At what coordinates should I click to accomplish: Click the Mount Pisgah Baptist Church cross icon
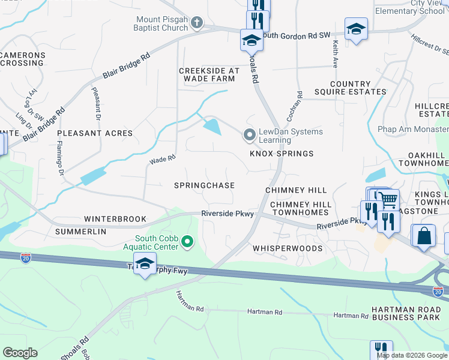pos(196,23)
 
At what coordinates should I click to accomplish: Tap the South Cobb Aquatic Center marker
pos(188,242)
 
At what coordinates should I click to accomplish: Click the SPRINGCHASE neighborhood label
pos(204,185)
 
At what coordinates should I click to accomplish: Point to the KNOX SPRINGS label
pos(282,154)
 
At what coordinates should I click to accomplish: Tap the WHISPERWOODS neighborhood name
pos(288,248)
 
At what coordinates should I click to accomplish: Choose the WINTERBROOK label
pos(115,219)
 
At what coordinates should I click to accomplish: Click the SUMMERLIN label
pos(80,231)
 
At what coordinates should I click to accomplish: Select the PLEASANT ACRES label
pos(93,133)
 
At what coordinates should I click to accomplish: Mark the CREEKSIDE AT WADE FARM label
pos(209,75)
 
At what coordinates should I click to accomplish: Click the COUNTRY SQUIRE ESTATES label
pos(358,88)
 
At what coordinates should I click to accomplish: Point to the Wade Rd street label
pos(162,160)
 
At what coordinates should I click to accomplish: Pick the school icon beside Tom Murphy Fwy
pos(145,263)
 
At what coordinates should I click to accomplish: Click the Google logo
pos(20,353)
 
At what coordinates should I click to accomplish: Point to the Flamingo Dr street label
pos(61,158)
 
